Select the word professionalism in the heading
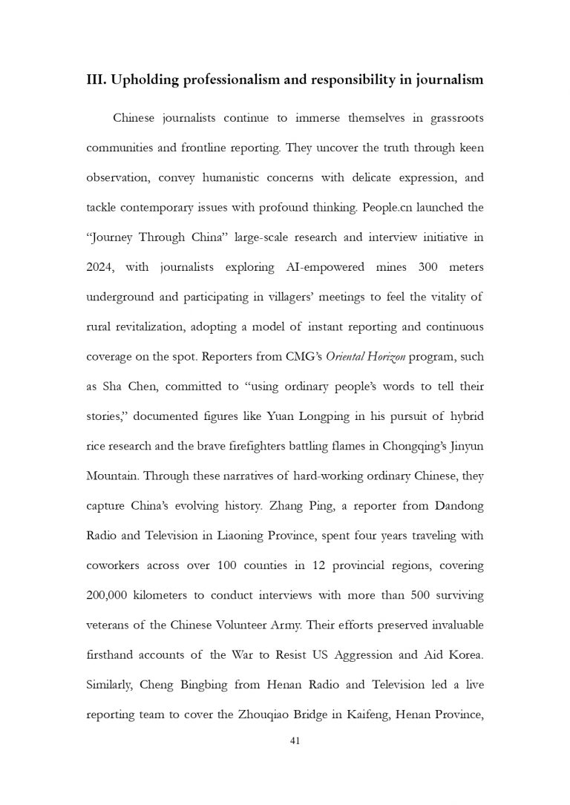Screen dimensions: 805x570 coord(235,81)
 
